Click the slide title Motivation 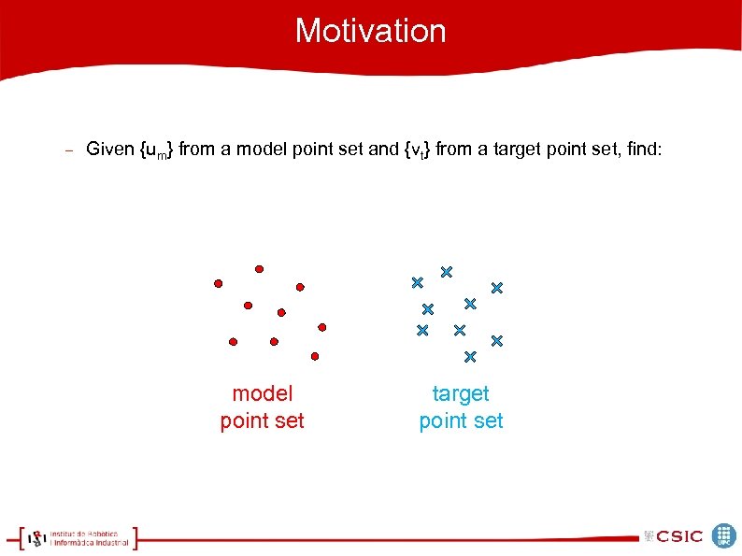(371, 31)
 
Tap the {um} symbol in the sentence (156, 150)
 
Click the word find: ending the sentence (640, 149)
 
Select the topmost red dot (259, 268)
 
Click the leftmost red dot (218, 282)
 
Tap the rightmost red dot (321, 327)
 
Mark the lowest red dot (315, 356)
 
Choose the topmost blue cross (447, 272)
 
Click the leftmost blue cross (417, 282)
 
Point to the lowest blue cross (470, 356)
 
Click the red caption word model (262, 394)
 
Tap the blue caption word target (461, 394)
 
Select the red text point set (262, 421)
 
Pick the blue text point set (461, 421)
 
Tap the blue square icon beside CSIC (724, 535)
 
